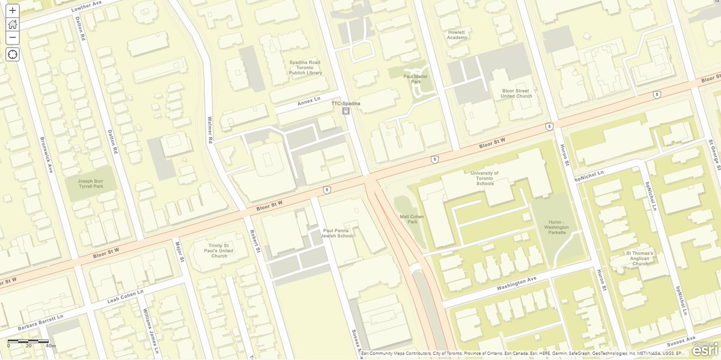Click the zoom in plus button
point(13,10)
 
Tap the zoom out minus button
point(13,38)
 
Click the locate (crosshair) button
point(13,55)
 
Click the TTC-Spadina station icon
point(345,111)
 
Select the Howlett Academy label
point(457,35)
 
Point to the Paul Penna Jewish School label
point(338,233)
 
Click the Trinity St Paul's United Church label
point(214,251)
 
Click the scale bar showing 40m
point(28,343)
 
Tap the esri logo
point(704,350)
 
